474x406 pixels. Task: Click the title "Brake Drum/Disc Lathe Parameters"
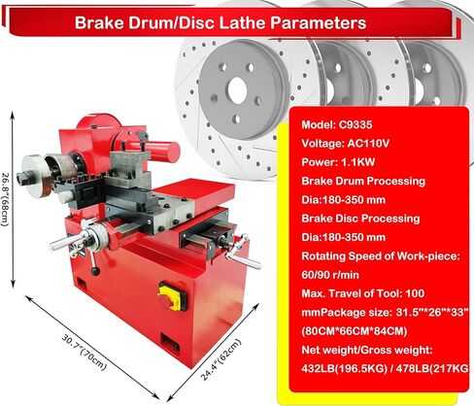[220, 22]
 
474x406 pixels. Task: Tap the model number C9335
[355, 124]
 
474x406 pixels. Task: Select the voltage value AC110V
[368, 143]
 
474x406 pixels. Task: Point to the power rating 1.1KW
[357, 162]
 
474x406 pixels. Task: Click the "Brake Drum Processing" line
[363, 181]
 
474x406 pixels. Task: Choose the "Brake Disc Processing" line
[360, 219]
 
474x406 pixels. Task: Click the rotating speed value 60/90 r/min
[330, 275]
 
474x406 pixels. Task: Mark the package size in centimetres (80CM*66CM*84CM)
[355, 331]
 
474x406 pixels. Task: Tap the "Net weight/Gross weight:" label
[367, 350]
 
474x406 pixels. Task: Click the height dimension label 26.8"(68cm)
[6, 199]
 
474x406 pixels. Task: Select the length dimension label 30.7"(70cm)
[84, 353]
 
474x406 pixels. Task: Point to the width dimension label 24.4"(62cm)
[221, 359]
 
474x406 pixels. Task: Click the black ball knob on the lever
[95, 271]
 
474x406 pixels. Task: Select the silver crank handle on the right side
[244, 253]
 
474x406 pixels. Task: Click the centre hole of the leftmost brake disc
[237, 90]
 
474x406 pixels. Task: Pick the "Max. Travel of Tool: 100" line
[362, 293]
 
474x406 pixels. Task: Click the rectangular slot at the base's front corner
[170, 343]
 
